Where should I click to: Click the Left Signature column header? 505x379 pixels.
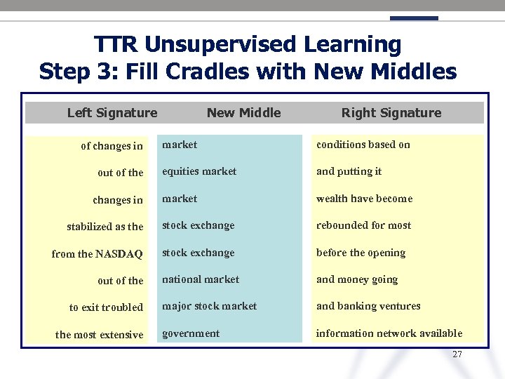[x=112, y=113]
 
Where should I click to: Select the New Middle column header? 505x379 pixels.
[x=243, y=113]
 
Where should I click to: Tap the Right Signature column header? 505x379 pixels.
[x=391, y=113]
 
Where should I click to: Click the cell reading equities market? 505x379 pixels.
[x=199, y=171]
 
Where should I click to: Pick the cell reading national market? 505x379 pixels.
[x=201, y=279]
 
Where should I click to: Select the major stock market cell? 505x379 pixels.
[x=209, y=306]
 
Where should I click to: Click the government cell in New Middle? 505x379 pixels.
[x=191, y=333]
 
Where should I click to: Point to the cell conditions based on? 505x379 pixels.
[x=363, y=145]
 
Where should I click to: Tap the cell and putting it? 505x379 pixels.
[x=349, y=171]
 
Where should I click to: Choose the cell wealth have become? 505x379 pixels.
[x=364, y=199]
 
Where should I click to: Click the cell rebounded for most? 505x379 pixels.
[x=363, y=225]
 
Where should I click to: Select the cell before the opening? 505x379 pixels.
[x=361, y=253]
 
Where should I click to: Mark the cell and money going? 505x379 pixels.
[x=357, y=279]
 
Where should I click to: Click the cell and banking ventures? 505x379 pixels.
[x=368, y=306]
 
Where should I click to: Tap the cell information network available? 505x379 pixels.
[x=389, y=333]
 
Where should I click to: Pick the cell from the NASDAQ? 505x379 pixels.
[x=97, y=254]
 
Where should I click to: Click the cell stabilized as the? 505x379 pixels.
[x=105, y=227]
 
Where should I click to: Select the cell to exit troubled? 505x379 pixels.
[x=106, y=307]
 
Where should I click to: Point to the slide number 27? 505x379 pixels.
[x=457, y=354]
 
